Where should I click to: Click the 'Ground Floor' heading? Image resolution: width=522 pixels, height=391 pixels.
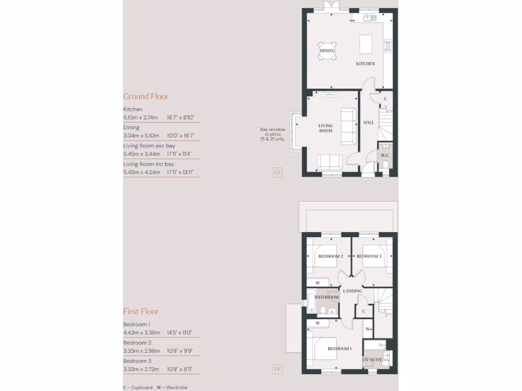tap(146, 96)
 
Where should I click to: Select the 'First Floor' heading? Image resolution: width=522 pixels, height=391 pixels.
tap(141, 312)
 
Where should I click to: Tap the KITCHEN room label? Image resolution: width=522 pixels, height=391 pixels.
tap(366, 64)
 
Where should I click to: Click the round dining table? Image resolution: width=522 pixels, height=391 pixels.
tap(327, 51)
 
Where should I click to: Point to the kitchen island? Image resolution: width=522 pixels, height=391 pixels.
tap(366, 44)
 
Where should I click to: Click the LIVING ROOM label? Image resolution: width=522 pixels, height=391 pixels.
tap(326, 128)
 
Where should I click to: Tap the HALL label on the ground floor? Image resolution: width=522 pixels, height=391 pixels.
tap(369, 123)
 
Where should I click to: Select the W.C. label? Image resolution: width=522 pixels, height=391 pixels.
tap(385, 155)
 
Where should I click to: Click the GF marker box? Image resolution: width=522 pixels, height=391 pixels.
tap(277, 173)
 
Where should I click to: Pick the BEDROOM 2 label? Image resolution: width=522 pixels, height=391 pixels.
tap(330, 256)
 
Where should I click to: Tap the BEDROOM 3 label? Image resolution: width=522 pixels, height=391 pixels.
tap(369, 256)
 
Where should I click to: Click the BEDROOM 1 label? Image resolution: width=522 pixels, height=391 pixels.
tap(340, 349)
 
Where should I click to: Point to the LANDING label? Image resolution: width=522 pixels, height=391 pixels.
tap(353, 291)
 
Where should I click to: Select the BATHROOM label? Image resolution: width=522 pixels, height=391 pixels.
tap(327, 297)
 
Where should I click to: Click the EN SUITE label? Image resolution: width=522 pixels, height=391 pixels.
tap(372, 360)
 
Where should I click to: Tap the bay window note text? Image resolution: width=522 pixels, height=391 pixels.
tap(272, 134)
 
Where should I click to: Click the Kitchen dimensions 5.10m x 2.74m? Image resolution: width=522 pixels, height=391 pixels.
tap(159, 118)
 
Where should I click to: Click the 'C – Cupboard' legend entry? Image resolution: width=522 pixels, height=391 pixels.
tap(138, 387)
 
